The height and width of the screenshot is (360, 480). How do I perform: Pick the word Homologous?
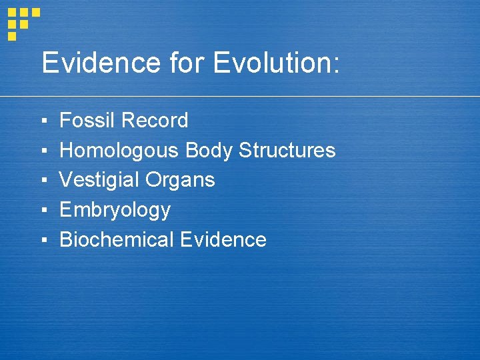(119, 151)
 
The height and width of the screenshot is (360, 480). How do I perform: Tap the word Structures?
(287, 151)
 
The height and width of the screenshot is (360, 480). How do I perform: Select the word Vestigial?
(99, 180)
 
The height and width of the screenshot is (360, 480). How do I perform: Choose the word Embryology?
(115, 211)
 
